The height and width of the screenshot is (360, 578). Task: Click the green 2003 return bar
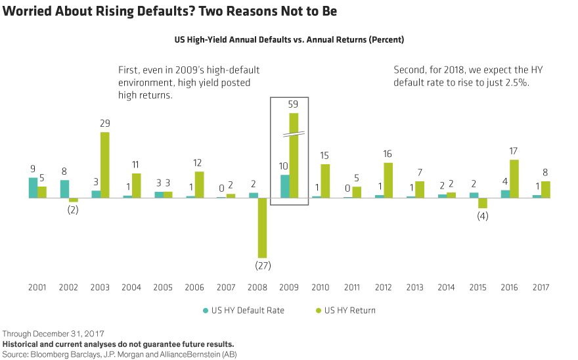(x=105, y=164)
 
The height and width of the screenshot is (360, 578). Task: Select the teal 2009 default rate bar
(x=285, y=186)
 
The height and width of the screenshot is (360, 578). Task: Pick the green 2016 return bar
(x=514, y=178)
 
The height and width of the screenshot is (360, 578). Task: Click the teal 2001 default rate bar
(x=33, y=187)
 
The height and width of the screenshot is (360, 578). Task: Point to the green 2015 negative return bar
(x=483, y=202)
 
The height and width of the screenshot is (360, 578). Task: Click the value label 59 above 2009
(x=294, y=104)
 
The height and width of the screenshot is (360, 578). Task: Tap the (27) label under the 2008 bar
(x=263, y=266)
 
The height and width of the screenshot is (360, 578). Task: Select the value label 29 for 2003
(x=105, y=124)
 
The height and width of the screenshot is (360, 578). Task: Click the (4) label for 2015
(x=483, y=217)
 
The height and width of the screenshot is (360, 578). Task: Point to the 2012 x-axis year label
(x=383, y=287)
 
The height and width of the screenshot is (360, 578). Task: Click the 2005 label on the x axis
(x=162, y=287)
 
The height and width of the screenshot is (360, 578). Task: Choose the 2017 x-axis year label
(x=541, y=287)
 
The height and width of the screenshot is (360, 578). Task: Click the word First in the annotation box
(x=129, y=70)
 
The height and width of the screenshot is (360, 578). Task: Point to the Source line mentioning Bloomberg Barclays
(x=118, y=354)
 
